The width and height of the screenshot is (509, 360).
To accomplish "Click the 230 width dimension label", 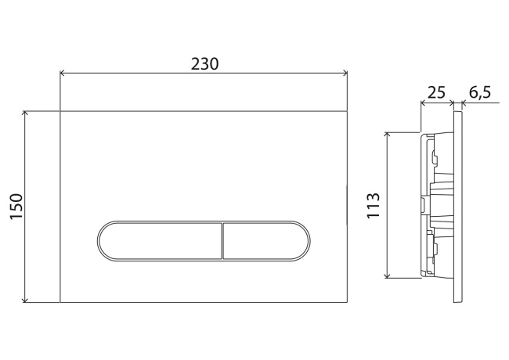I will pos(204,63).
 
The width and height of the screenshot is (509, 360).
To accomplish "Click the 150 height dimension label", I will pos(16,207).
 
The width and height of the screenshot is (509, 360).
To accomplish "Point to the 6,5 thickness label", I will pos(479,92).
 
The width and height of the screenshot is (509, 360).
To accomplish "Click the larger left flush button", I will pos(161,239).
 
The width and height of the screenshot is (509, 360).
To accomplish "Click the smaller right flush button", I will pos(262,239).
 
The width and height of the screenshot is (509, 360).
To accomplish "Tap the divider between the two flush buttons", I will pos(223,239).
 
